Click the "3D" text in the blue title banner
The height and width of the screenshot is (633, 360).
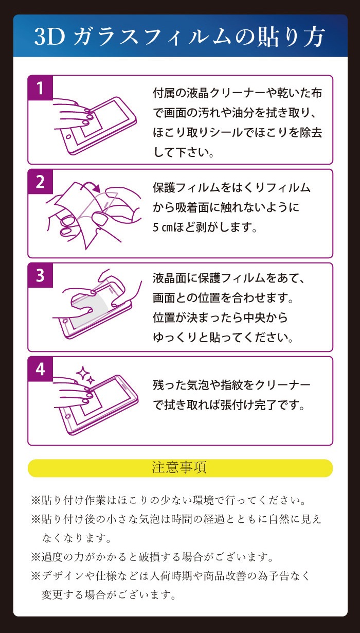[50, 37]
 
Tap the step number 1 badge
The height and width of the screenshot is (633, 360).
[41, 88]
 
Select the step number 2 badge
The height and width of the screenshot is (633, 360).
[41, 182]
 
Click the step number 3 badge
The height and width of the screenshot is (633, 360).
[41, 275]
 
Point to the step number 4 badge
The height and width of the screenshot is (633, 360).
[41, 370]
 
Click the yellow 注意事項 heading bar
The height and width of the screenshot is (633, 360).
[180, 468]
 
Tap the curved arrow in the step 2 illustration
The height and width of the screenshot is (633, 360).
[90, 185]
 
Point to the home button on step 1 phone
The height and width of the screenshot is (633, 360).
[68, 137]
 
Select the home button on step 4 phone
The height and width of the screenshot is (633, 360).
[68, 416]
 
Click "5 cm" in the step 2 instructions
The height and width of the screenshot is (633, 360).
[163, 227]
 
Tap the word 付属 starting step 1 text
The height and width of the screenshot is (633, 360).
[164, 93]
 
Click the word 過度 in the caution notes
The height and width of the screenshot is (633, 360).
[52, 557]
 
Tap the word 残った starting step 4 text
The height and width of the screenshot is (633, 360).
[169, 385]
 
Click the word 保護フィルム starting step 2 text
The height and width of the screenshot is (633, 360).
[186, 188]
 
